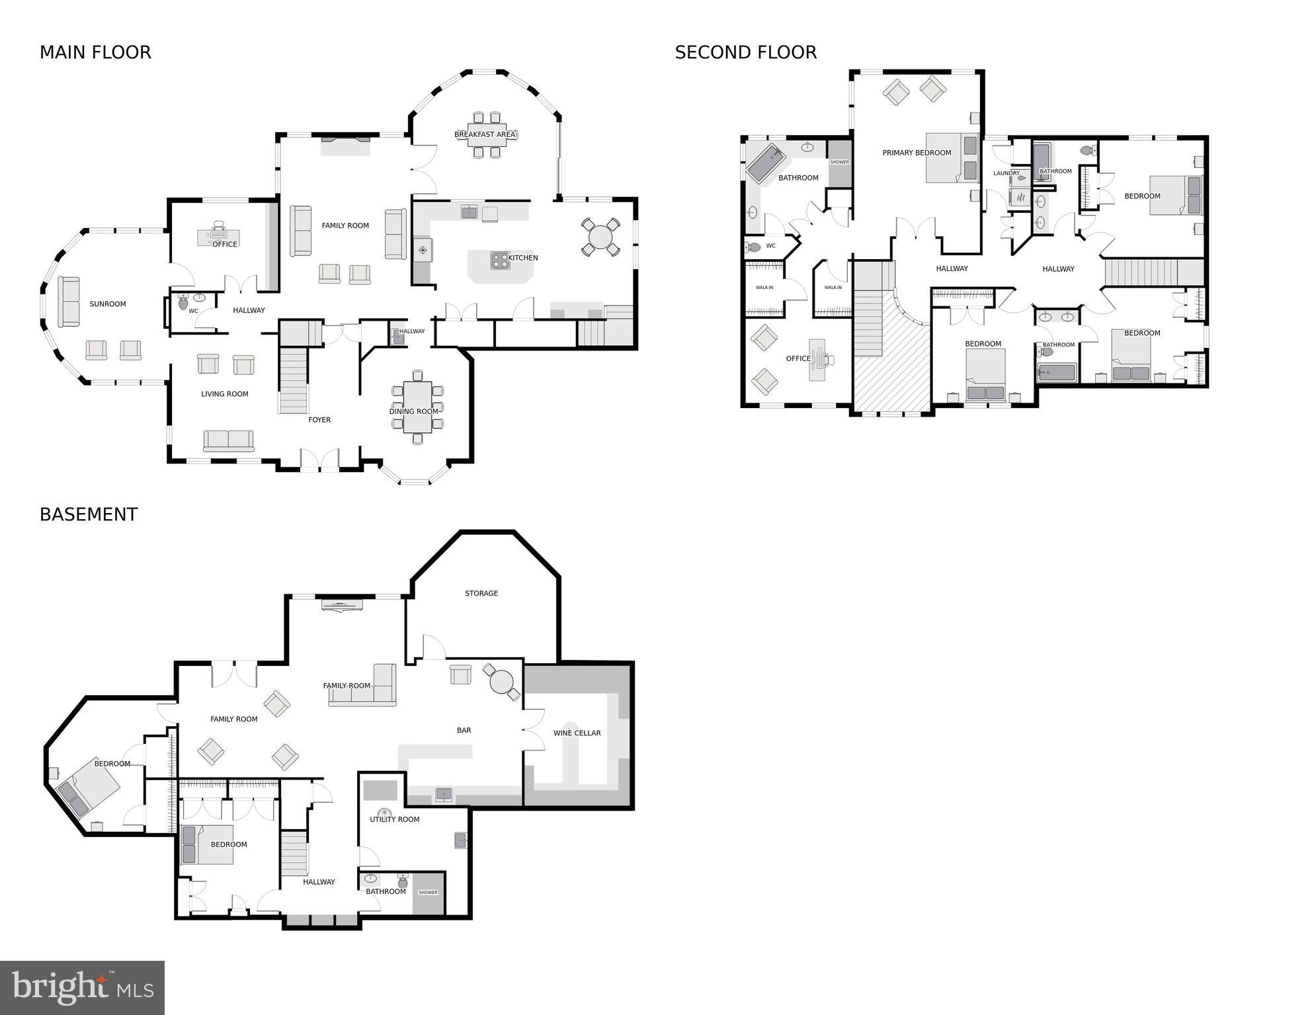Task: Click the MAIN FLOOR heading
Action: [95, 52]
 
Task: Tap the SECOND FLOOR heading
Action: [745, 52]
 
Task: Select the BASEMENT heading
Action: [89, 514]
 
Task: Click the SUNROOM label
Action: [108, 304]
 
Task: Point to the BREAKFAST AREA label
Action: [485, 134]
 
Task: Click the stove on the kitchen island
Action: [500, 261]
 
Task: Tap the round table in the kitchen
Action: [600, 237]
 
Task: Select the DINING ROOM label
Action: [414, 411]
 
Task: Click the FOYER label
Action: [319, 420]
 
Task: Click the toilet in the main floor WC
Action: [183, 304]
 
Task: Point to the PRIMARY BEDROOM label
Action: [917, 153]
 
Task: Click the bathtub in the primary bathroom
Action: [766, 164]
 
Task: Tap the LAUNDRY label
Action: [1006, 173]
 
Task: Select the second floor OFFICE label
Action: [798, 358]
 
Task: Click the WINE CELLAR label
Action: [577, 733]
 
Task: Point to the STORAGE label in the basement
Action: [481, 593]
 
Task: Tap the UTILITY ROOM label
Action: [395, 819]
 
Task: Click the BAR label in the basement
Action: [464, 730]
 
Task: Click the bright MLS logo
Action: [82, 988]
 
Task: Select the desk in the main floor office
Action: [218, 236]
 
